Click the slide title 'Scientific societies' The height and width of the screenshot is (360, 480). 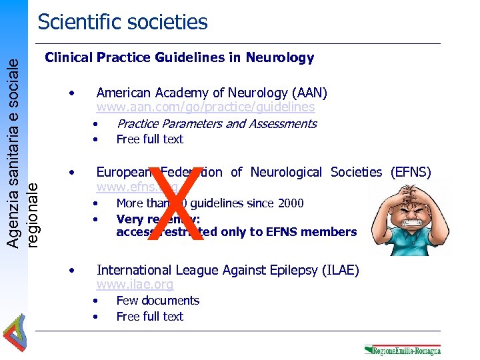point(123,22)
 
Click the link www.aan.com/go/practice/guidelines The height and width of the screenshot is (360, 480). point(205,107)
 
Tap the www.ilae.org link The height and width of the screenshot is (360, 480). point(135,285)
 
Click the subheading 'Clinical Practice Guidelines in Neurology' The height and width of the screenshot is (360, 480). point(179,58)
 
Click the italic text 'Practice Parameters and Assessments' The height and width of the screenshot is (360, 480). point(216,123)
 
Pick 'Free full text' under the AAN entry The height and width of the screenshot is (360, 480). point(149,139)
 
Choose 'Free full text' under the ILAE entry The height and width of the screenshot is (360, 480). point(149,316)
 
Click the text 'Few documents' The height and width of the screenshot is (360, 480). point(157,301)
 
